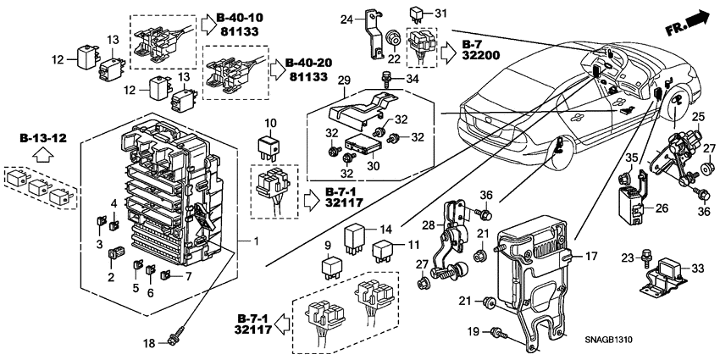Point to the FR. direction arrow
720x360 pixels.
(x=686, y=22)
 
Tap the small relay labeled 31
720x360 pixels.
(x=418, y=14)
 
